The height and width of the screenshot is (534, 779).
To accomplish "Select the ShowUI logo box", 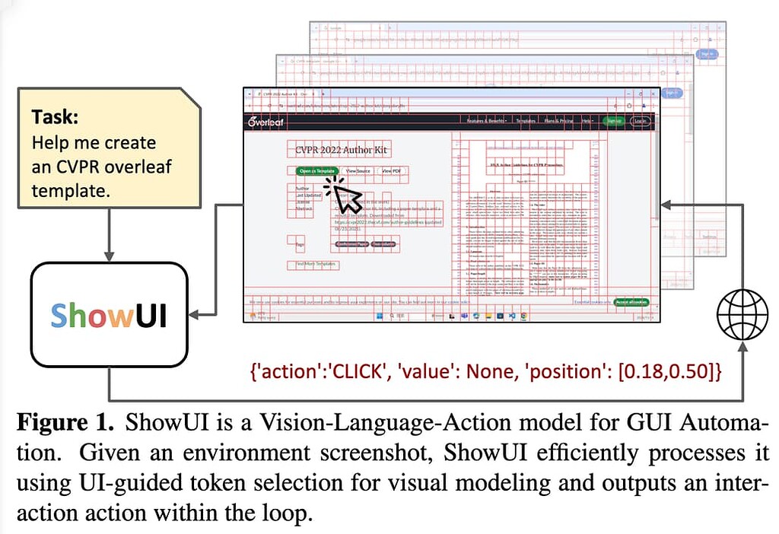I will pyautogui.click(x=108, y=315).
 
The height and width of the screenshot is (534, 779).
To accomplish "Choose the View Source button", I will pyautogui.click(x=358, y=171).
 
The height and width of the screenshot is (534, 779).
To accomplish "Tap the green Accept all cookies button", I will pyautogui.click(x=631, y=302).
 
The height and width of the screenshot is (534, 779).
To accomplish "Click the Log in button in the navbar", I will pyautogui.click(x=641, y=121).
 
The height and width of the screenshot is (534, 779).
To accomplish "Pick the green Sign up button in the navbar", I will pyautogui.click(x=612, y=121).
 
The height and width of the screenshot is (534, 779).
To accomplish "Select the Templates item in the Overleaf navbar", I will pyautogui.click(x=525, y=121).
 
